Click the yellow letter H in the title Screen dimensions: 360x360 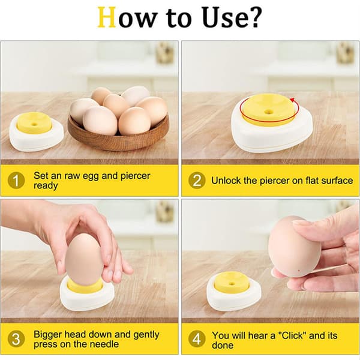click(x=107, y=17)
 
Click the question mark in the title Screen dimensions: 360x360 click(x=255, y=17)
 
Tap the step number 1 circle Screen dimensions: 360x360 click(x=16, y=181)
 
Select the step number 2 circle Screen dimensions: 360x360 click(x=197, y=181)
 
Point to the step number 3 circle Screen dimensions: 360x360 click(x=16, y=339)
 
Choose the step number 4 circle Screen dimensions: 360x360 click(x=197, y=339)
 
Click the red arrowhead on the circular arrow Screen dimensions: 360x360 click(x=293, y=100)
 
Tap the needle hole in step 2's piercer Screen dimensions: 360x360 click(x=268, y=112)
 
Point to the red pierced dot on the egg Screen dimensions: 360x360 click(x=299, y=271)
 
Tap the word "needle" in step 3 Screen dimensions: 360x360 click(x=104, y=344)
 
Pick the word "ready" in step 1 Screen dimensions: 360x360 click(x=46, y=186)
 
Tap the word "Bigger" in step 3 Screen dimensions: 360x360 click(x=48, y=335)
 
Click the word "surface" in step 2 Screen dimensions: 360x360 click(x=337, y=181)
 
